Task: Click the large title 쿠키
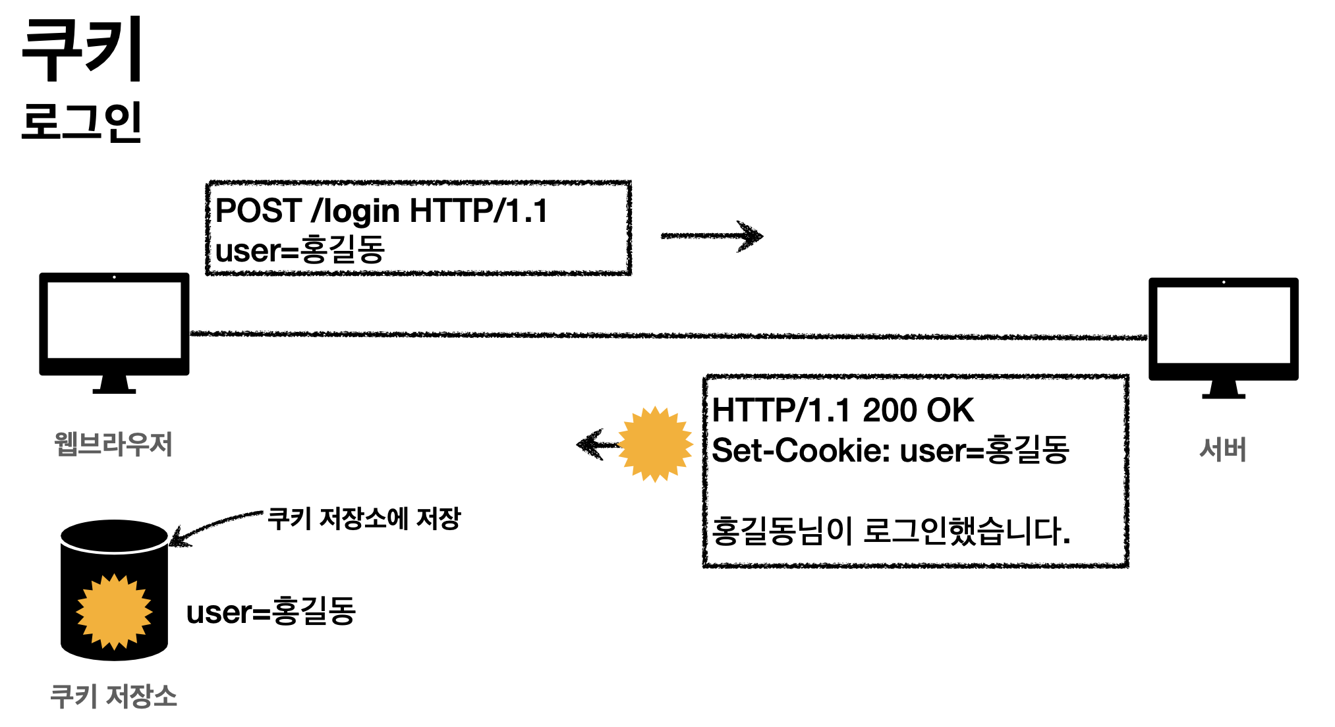[x=82, y=49]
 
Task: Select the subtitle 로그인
[x=82, y=122]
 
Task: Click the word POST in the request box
[x=258, y=211]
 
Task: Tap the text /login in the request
[x=356, y=212]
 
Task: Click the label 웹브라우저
[x=113, y=444]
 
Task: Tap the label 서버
[x=1223, y=450]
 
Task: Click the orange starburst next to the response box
[x=655, y=444]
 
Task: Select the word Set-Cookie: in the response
[x=801, y=451]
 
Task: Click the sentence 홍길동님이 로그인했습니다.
[x=891, y=531]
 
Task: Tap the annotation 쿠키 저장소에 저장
[x=364, y=519]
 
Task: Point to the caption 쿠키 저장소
[x=114, y=696]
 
